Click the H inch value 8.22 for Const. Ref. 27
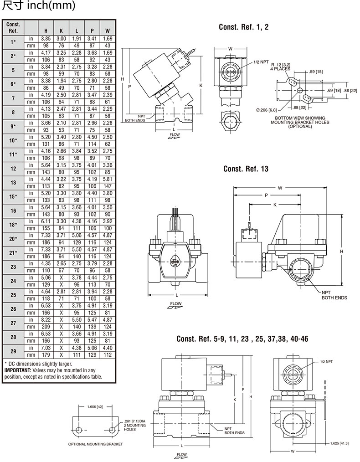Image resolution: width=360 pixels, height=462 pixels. click(46, 320)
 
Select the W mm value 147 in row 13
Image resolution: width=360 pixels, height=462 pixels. click(108, 186)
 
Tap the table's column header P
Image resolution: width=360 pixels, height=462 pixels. click(92, 31)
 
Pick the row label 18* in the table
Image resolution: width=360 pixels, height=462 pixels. click(13, 225)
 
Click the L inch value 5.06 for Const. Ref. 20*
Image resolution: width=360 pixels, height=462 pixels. click(77, 236)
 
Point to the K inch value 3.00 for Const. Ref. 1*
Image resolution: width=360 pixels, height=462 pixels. click(61, 39)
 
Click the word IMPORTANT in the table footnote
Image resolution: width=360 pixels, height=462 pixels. click(18, 370)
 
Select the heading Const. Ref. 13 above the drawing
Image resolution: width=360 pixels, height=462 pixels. click(246, 169)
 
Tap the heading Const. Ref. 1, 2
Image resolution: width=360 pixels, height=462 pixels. click(244, 27)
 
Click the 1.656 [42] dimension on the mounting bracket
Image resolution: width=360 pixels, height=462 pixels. click(95, 407)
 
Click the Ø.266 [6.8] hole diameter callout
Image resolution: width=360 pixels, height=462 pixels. click(266, 110)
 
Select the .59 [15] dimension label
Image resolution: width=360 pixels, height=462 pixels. click(316, 72)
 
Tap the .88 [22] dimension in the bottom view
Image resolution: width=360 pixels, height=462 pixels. click(299, 108)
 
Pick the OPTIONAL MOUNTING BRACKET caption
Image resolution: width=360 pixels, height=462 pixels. click(95, 444)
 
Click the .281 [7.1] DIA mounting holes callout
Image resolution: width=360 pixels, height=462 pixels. click(134, 425)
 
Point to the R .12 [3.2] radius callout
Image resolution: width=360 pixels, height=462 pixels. click(281, 67)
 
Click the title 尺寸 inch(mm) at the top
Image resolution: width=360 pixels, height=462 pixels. click(38, 5)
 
